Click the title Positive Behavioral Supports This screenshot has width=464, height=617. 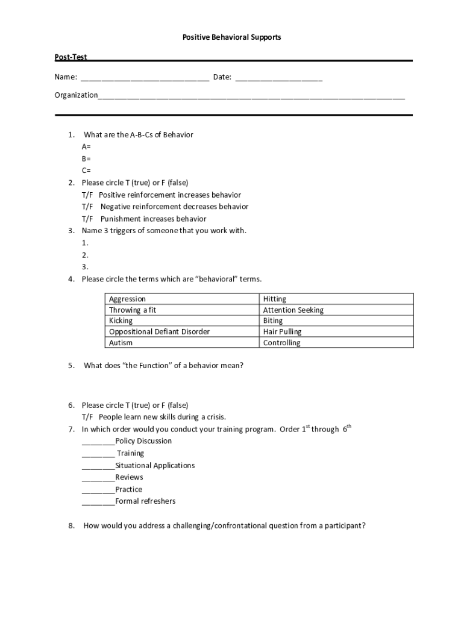tap(232, 37)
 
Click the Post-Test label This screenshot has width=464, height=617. tap(71, 57)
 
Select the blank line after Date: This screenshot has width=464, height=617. tap(278, 78)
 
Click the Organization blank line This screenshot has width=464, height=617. tap(251, 96)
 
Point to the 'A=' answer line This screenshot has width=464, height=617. tap(87, 146)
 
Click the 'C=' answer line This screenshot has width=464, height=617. tap(87, 171)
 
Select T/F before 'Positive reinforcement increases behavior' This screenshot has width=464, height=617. tap(88, 195)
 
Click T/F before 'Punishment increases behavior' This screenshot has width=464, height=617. tap(88, 219)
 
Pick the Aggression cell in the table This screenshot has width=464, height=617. tap(127, 299)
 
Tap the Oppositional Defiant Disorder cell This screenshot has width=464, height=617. tap(159, 331)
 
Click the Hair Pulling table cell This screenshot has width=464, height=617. tap(282, 331)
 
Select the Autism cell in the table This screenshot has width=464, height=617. tap(121, 343)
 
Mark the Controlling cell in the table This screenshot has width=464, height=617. tap(281, 343)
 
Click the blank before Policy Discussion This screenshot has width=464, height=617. tap(98, 442)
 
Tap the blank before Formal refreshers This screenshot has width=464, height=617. tap(98, 502)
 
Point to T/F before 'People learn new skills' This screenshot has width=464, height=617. tap(88, 417)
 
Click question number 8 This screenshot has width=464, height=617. tap(71, 525)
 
